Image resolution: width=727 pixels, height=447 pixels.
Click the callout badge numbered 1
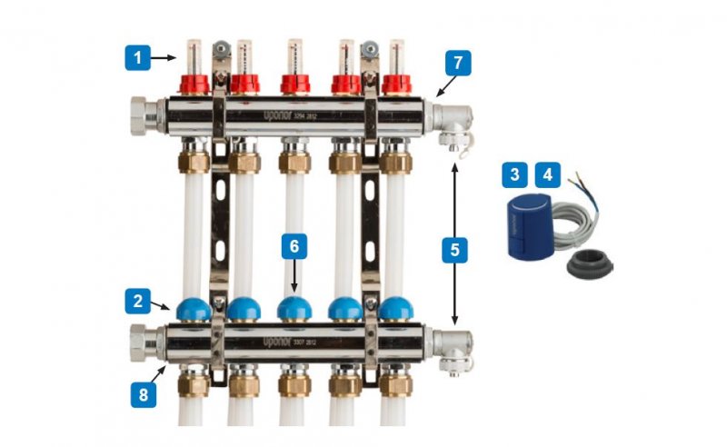coord(137,59)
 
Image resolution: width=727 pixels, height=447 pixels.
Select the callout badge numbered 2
coord(137,300)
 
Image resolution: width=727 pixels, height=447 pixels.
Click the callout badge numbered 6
coord(294,246)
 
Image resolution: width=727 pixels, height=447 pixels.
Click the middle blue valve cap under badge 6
coord(294,310)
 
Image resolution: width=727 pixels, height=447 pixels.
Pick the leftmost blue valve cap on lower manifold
coord(193,310)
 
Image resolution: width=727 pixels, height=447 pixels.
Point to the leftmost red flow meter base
coord(193,84)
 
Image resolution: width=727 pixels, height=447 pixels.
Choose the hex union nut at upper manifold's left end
coord(145,117)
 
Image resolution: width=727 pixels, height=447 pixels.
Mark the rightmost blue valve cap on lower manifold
coord(394,310)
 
